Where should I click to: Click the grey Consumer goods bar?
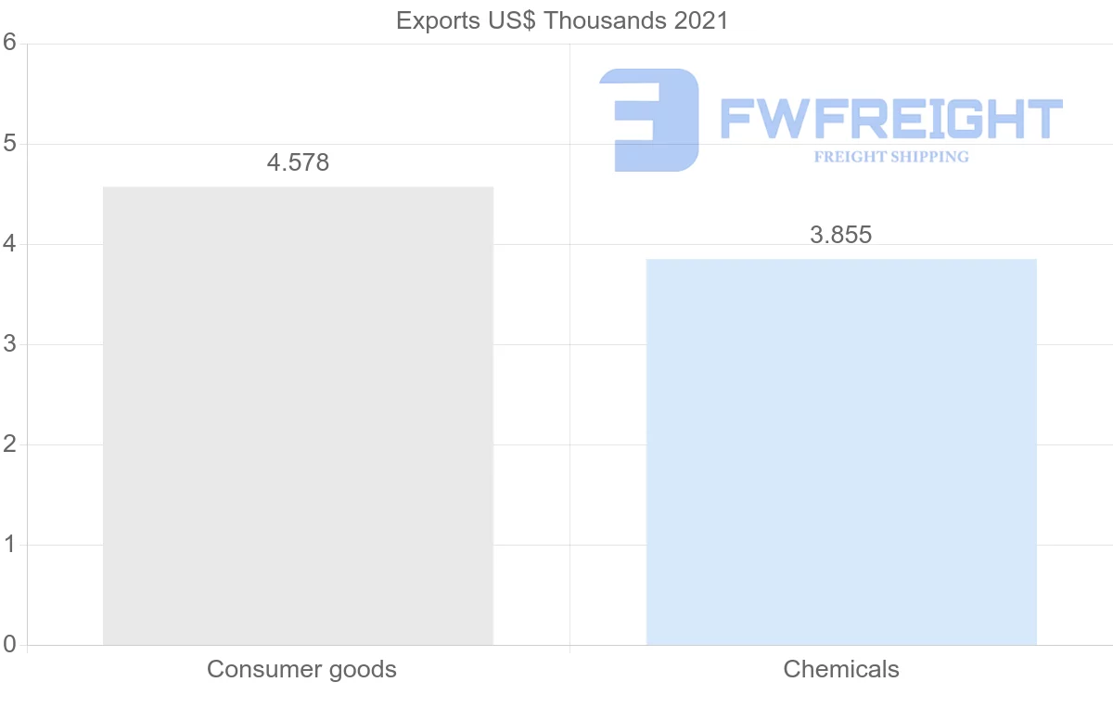[x=298, y=416]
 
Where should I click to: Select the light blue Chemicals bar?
[x=840, y=452]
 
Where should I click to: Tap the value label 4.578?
[x=298, y=163]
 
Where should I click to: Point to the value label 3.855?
[x=840, y=235]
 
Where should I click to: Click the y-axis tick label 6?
[x=9, y=43]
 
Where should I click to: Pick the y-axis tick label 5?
[x=9, y=144]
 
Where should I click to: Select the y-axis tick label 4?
[x=9, y=244]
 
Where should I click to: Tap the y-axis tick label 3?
[x=9, y=344]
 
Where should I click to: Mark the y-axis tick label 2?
[x=9, y=444]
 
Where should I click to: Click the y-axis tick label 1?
[x=9, y=545]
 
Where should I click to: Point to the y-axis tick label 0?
[x=9, y=644]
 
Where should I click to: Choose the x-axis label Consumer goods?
[x=301, y=669]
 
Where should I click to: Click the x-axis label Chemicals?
[x=841, y=669]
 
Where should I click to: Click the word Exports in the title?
[x=434, y=20]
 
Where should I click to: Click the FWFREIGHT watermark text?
[x=890, y=119]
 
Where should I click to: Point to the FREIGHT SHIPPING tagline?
[x=891, y=157]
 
